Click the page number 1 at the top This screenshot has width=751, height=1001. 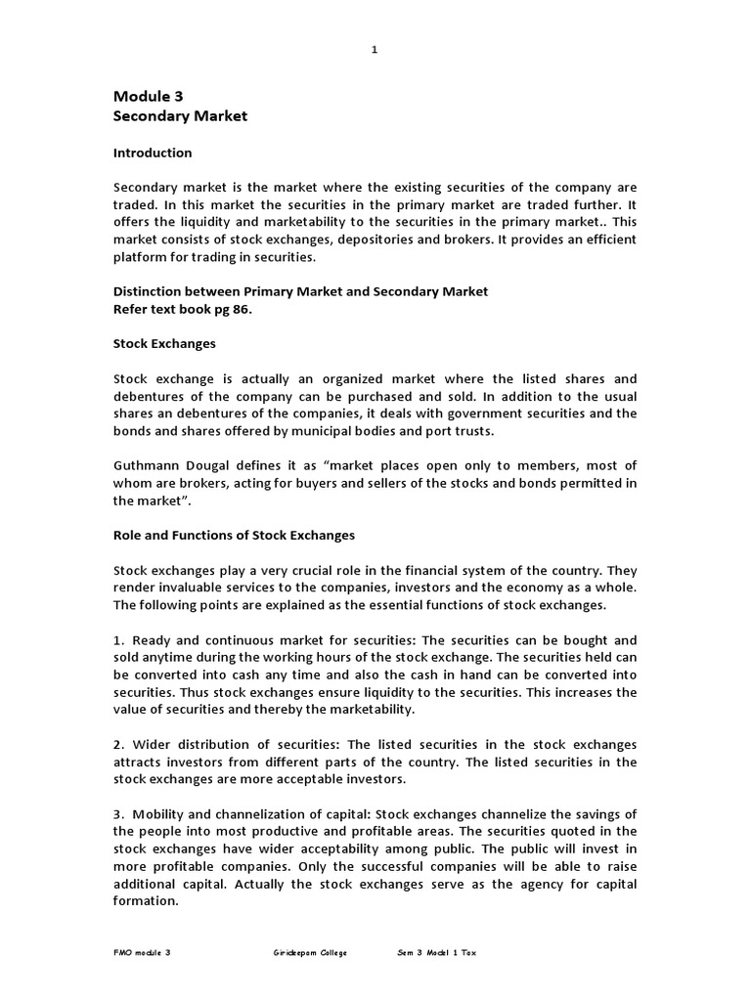pyautogui.click(x=374, y=52)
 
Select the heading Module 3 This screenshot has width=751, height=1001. pyautogui.click(x=149, y=96)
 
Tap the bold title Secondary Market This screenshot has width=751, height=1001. pyautogui.click(x=181, y=116)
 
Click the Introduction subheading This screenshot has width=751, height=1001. pyautogui.click(x=153, y=153)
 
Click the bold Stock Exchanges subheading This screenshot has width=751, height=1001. pyautogui.click(x=164, y=345)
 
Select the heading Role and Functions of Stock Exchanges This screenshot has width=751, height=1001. pyautogui.click(x=235, y=536)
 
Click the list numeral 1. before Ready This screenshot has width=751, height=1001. pyautogui.click(x=119, y=640)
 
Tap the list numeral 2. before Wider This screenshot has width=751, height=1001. pyautogui.click(x=119, y=745)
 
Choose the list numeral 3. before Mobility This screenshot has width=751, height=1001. pyautogui.click(x=119, y=814)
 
